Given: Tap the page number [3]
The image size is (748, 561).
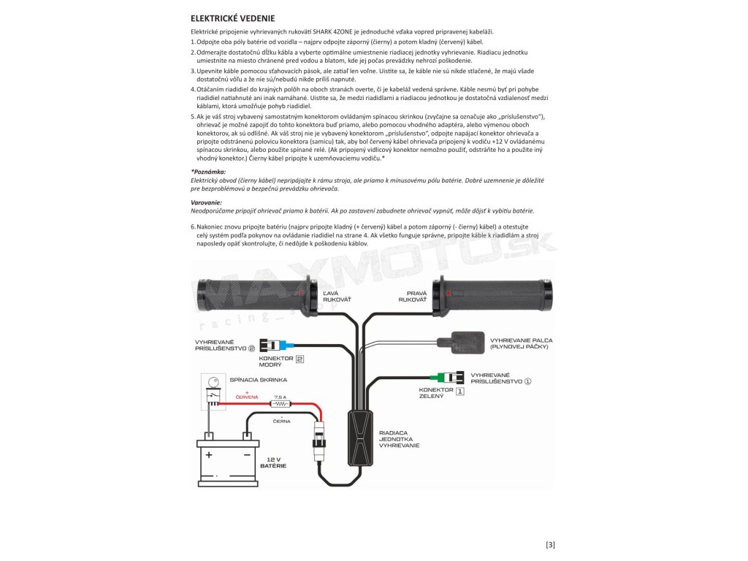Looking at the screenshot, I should (551, 544).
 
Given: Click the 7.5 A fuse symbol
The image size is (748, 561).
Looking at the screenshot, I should (280, 403).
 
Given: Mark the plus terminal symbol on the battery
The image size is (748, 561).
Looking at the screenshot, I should (209, 454).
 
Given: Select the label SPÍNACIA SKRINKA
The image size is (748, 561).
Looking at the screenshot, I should (258, 380).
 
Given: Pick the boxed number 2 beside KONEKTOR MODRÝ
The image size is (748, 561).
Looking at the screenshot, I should (299, 359).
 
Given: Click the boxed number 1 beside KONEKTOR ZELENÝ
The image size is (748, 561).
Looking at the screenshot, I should (459, 391).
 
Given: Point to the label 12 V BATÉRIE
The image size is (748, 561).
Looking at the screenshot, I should (273, 462).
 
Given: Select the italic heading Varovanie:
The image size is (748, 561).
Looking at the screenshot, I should (206, 202).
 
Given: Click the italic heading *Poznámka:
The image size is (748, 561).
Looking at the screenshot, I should (208, 171).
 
